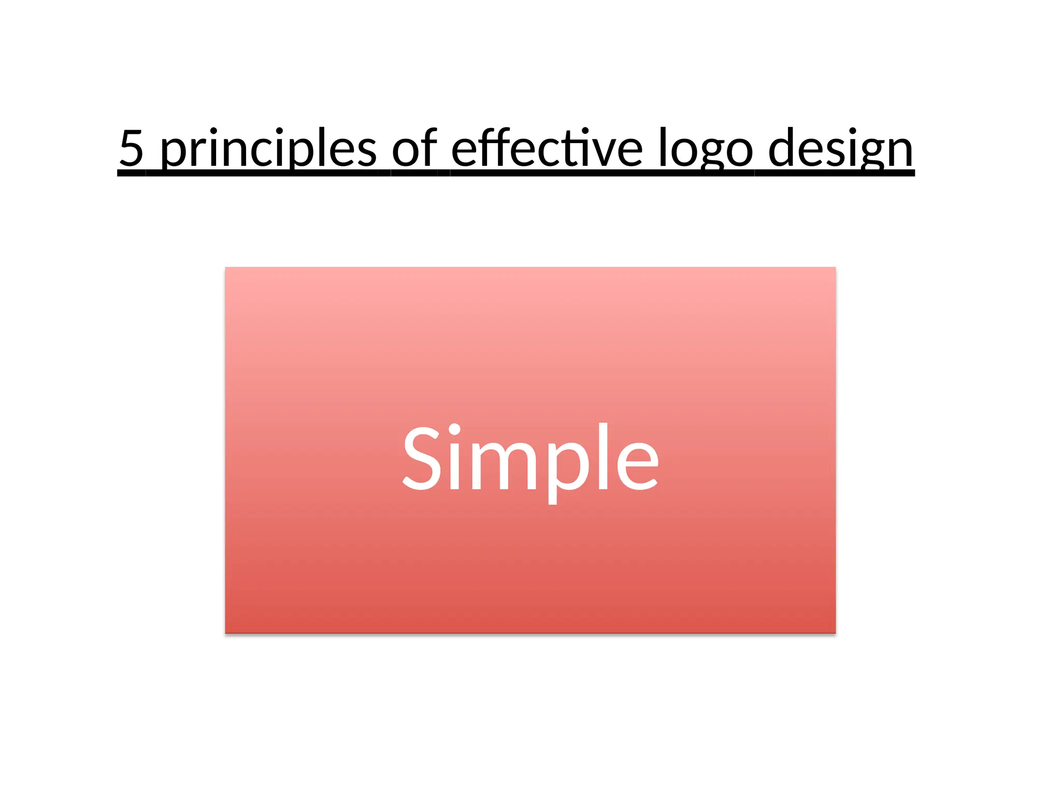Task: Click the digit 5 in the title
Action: (x=132, y=148)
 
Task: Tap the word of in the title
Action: (x=414, y=148)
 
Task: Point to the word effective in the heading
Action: (x=547, y=148)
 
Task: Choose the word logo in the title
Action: (x=706, y=150)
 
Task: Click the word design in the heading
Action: (x=840, y=150)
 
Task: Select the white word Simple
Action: (x=530, y=458)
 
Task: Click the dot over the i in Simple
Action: (x=454, y=430)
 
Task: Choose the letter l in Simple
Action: (x=603, y=456)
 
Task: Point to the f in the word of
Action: (x=428, y=147)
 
